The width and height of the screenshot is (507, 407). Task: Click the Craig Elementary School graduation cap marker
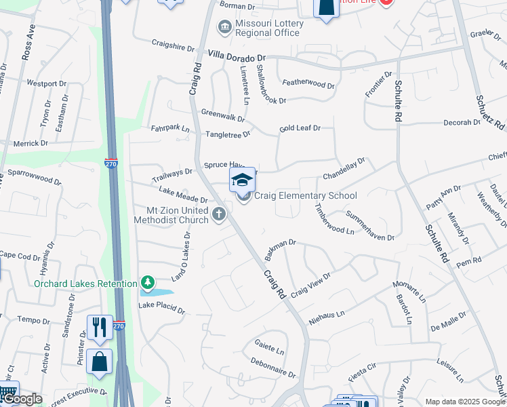(x=242, y=180)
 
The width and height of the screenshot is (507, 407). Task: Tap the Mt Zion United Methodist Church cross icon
(x=219, y=215)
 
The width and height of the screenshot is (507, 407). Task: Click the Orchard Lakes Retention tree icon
(x=147, y=282)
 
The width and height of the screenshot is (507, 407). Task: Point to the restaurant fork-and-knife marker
(x=100, y=326)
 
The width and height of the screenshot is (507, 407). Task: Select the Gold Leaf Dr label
(x=299, y=128)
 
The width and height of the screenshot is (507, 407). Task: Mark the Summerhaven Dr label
(x=370, y=227)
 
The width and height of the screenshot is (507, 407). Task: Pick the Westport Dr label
(x=45, y=84)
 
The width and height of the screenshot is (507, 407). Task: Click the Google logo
(x=22, y=399)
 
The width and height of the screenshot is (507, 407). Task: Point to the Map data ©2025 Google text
(x=464, y=402)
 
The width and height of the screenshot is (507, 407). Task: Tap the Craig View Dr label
(x=310, y=285)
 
